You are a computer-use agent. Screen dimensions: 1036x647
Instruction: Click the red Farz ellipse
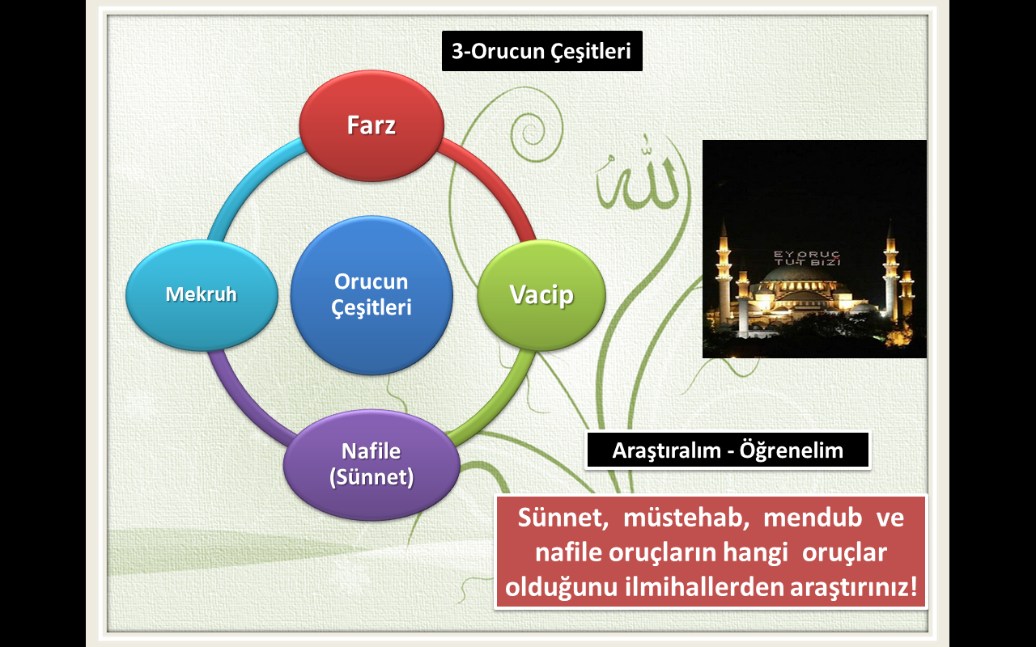(372, 125)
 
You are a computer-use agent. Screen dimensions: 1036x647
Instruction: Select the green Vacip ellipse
(541, 295)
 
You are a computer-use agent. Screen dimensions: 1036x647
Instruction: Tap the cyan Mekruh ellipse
(202, 295)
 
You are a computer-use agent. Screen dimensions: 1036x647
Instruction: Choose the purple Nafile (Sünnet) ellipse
(372, 464)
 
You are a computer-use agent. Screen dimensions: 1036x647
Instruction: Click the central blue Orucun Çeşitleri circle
(372, 295)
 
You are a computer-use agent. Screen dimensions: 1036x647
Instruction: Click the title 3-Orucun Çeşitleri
(542, 51)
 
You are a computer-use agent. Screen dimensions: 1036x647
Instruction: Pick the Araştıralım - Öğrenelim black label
(728, 450)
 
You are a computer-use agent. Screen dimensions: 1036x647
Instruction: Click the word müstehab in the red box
(686, 517)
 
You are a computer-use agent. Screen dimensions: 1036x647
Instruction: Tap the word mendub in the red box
(813, 517)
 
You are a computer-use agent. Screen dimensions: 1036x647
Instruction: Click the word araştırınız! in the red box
(854, 587)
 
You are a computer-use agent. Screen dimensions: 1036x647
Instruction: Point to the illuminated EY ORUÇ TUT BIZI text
(807, 258)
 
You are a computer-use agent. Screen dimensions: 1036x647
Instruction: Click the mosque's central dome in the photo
(798, 276)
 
